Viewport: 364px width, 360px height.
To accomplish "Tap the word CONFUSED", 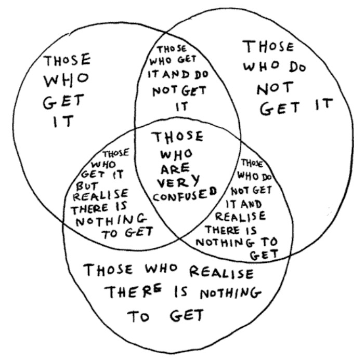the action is [185, 194].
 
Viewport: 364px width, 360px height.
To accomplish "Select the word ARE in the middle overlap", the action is [175, 169].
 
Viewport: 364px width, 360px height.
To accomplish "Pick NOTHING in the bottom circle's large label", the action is [230, 293].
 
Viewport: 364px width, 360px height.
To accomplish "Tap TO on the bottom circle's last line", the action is [138, 316].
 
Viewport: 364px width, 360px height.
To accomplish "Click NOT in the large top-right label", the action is [275, 88].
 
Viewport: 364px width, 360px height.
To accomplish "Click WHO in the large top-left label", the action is [66, 80].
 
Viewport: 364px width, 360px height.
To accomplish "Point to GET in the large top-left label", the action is [63, 101].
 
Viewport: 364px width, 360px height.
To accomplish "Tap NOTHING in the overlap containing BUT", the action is [111, 220].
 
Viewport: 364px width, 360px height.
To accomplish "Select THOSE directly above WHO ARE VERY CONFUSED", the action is [177, 137].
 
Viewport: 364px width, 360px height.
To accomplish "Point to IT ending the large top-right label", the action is [324, 104].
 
